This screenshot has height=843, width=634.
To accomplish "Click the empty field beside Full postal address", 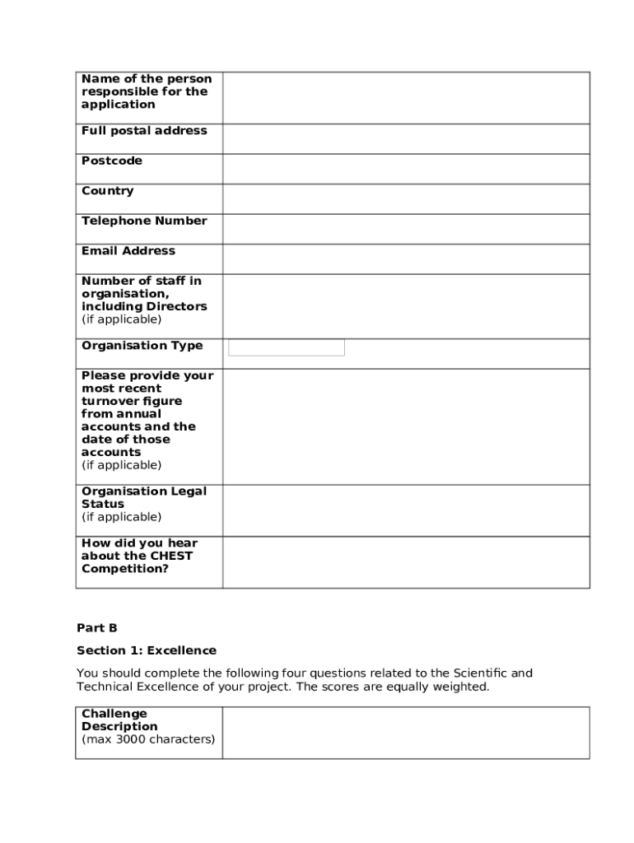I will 406,138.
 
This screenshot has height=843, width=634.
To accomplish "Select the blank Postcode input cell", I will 406,169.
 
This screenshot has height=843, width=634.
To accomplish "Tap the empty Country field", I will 406,198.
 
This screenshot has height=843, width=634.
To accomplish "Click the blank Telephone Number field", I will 406,229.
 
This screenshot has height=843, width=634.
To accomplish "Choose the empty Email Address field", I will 406,258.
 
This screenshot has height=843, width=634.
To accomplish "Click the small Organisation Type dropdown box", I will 287,347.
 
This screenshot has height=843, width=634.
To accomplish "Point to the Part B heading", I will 97,628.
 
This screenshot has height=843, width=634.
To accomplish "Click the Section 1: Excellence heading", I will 147,650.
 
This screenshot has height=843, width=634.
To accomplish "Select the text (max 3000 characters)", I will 148,739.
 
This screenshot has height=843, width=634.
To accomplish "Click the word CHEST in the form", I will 171,556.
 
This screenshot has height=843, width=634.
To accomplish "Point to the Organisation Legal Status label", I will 144,497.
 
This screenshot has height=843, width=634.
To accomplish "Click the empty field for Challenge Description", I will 406,732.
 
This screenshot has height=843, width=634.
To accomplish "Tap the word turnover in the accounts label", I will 110,401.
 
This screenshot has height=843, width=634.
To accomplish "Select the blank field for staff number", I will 406,305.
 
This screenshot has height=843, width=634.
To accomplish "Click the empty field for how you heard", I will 406,562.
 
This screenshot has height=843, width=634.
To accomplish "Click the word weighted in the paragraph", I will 463,687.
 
